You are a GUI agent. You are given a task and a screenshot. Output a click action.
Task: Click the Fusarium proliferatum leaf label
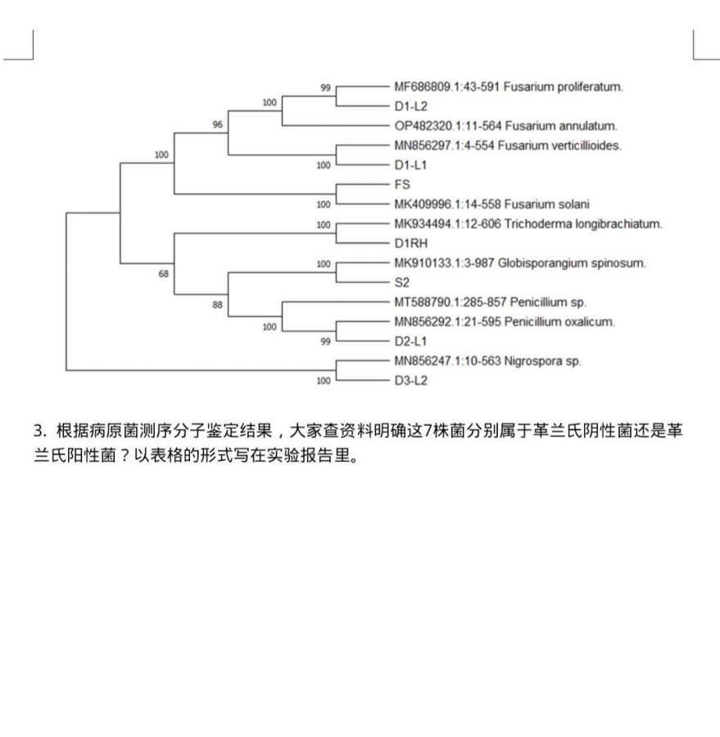(x=509, y=86)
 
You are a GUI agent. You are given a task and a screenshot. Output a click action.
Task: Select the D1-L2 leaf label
(x=410, y=106)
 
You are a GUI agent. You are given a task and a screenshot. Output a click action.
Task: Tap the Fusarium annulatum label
(x=505, y=126)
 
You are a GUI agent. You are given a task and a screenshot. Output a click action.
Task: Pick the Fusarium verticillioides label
(x=508, y=146)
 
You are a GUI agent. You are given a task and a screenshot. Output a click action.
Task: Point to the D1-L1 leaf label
(x=410, y=165)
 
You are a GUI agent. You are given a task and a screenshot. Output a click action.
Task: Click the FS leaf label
(x=402, y=185)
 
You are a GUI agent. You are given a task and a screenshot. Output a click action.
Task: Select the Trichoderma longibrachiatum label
(x=528, y=224)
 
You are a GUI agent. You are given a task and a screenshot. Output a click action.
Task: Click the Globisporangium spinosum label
(x=520, y=263)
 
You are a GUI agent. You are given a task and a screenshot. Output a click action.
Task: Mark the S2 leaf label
(x=401, y=283)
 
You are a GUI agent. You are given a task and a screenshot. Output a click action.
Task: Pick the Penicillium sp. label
(x=490, y=302)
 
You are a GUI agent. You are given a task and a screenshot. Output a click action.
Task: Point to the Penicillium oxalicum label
(x=504, y=322)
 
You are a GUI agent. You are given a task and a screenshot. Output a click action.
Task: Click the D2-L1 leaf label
(x=410, y=341)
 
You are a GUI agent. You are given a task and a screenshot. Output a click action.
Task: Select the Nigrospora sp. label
(x=487, y=361)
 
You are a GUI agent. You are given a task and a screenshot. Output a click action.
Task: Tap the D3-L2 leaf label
(x=410, y=381)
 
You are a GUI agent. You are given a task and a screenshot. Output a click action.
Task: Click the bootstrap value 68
(x=164, y=274)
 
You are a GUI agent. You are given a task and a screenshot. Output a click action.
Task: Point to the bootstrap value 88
(x=217, y=305)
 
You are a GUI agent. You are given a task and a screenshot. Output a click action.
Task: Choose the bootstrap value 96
(x=217, y=125)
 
